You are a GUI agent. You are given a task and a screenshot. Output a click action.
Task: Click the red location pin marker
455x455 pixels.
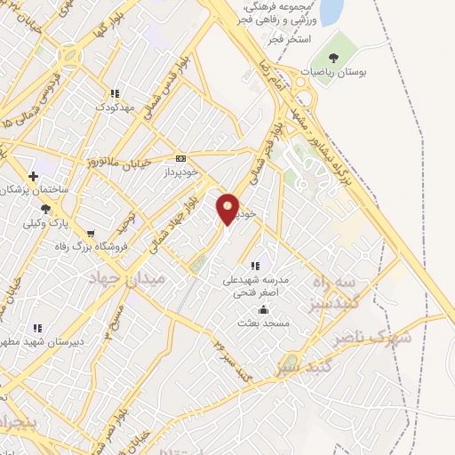click(x=228, y=207)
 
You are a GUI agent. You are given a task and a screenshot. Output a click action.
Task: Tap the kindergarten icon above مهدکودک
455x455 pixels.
click(x=115, y=93)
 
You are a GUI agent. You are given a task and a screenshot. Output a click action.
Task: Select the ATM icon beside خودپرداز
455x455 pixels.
click(x=181, y=157)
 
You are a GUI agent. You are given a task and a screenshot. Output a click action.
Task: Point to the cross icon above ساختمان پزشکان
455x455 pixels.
click(x=34, y=176)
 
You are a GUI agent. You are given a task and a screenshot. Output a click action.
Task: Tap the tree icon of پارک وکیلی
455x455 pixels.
click(x=45, y=208)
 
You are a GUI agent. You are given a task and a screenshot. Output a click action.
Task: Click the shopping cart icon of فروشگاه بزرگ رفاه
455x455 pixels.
click(x=91, y=234)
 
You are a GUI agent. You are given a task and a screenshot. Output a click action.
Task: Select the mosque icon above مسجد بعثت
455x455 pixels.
click(x=263, y=309)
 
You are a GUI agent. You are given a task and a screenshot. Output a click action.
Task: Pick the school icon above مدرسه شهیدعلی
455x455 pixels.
click(x=255, y=265)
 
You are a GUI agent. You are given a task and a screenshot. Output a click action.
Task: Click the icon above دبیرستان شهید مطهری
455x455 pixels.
click(x=37, y=328)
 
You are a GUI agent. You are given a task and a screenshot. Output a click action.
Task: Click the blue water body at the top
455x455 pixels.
click(x=331, y=12)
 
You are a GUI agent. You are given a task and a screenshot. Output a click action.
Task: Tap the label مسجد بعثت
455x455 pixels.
click(x=263, y=323)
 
